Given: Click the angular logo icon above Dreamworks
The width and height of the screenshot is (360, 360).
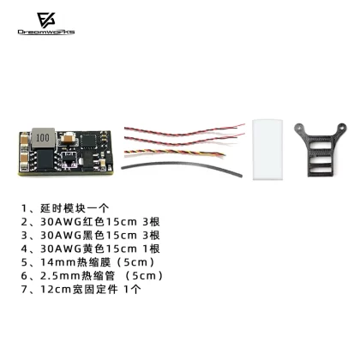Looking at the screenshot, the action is click(46, 21).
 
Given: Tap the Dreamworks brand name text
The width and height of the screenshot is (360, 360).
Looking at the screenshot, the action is click(46, 32).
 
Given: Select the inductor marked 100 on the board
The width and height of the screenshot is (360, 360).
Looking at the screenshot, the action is click(43, 138).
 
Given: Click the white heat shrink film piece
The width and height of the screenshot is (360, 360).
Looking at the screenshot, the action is click(267, 150).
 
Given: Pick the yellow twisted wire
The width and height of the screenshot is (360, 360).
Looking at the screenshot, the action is click(174, 153).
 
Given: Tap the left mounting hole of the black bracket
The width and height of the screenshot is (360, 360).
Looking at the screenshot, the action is click(299, 127).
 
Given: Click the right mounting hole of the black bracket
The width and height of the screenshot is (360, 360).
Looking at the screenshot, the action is click(341, 127).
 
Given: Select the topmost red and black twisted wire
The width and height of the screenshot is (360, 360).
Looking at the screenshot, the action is click(184, 130).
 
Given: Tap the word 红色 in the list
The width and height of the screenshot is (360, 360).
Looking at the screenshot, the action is click(93, 222).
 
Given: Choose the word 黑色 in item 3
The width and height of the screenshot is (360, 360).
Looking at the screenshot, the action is click(93, 235).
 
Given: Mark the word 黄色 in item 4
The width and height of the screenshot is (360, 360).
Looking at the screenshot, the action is click(93, 249).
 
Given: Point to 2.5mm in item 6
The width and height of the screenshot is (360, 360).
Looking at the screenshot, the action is click(60, 276).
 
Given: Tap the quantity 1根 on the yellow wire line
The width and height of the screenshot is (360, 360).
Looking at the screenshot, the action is click(152, 249).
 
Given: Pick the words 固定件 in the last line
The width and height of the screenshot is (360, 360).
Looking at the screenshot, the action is click(101, 290).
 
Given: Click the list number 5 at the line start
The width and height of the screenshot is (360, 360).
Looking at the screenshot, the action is click(24, 262).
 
